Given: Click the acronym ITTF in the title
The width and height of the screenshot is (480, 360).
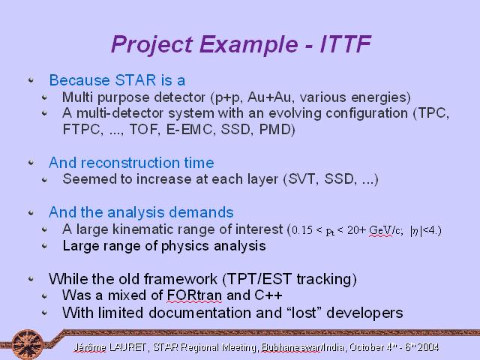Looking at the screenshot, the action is click(x=346, y=44).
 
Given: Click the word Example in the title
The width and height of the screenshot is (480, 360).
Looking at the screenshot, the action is click(x=248, y=45).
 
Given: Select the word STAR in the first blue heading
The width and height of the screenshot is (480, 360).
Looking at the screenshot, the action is click(x=136, y=80).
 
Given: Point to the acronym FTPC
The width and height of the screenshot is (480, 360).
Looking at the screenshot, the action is click(x=82, y=130).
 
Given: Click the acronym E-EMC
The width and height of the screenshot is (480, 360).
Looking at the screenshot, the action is click(x=189, y=130).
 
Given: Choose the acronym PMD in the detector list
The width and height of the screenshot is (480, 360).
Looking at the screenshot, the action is click(x=275, y=130).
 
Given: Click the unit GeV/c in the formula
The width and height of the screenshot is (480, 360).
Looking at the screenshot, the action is click(x=384, y=230).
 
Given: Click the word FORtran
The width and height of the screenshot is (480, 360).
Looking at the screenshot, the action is click(x=194, y=295).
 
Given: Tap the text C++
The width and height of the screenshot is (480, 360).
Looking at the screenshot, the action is click(x=268, y=295).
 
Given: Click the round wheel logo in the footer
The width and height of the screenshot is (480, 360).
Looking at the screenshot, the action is click(x=28, y=345).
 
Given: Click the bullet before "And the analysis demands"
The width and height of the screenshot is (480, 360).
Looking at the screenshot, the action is click(x=31, y=212).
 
